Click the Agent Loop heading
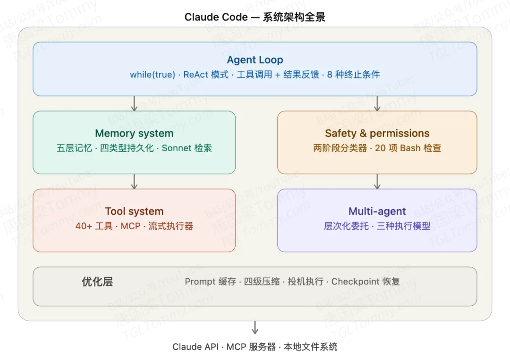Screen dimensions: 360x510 [255, 60]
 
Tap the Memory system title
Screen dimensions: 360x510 [134, 133]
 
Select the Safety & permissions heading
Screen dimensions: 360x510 [377, 133]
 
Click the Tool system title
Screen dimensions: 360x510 [134, 211]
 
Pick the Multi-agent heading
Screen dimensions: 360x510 [377, 211]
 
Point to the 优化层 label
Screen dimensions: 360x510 [97, 282]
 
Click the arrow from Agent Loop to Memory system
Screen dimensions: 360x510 [135, 103]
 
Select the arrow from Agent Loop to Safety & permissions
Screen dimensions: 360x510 [377, 103]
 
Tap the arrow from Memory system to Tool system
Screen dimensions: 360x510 [135, 181]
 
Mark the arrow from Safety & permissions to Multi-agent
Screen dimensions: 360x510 [377, 181]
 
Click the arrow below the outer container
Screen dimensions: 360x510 [255, 328]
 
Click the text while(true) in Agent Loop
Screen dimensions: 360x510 [153, 75]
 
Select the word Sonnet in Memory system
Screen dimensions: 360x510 [177, 148]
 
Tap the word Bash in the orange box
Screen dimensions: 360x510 [410, 148]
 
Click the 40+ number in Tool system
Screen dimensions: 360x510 [84, 226]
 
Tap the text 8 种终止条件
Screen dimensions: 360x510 [354, 75]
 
